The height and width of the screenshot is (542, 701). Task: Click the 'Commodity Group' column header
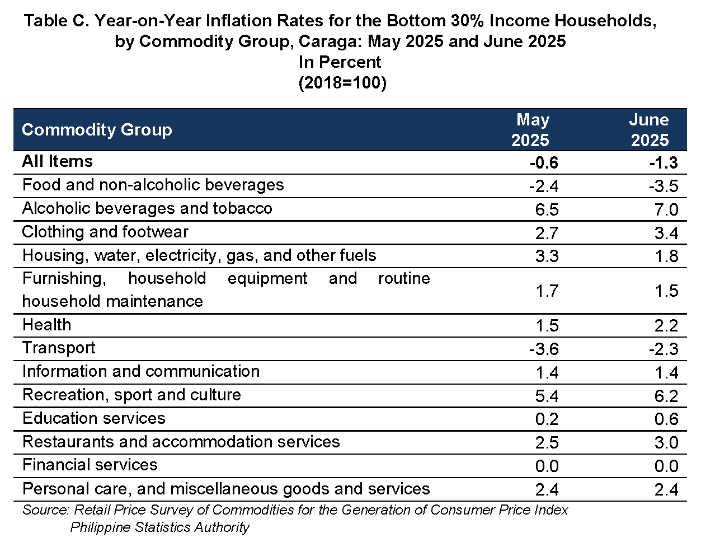click(x=97, y=130)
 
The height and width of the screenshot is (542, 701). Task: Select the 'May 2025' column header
click(x=530, y=130)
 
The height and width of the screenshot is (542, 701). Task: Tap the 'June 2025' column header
click(x=650, y=130)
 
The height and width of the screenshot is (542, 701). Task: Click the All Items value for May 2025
click(x=544, y=162)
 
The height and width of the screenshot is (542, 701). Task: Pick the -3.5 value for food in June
click(x=664, y=186)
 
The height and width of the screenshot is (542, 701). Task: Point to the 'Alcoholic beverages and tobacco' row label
click(x=147, y=208)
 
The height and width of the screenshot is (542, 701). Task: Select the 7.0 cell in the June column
click(x=666, y=209)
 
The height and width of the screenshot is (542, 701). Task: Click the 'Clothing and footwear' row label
click(x=105, y=232)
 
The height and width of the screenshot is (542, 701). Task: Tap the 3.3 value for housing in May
click(x=547, y=256)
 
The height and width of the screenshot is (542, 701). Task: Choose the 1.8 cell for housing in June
click(x=666, y=256)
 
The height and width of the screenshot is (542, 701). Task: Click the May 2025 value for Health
click(x=547, y=325)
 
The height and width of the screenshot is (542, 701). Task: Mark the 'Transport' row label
click(x=59, y=348)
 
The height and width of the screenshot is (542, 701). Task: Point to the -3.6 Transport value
click(x=544, y=349)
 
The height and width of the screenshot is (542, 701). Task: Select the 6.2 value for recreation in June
click(x=666, y=396)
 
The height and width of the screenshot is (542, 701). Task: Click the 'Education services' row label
click(x=94, y=418)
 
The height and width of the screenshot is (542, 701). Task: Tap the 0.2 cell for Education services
click(x=547, y=419)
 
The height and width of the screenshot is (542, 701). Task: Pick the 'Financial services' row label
click(x=90, y=465)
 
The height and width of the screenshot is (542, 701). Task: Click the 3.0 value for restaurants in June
click(x=666, y=442)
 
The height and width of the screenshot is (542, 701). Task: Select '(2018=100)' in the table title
click(x=342, y=83)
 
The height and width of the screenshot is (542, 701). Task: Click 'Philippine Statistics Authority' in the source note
click(x=160, y=527)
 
